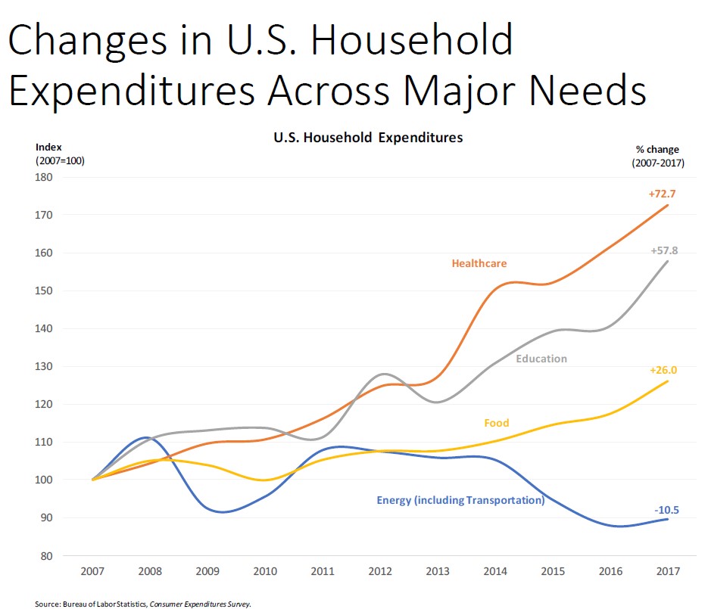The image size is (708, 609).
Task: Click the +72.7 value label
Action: pyautogui.click(x=662, y=194)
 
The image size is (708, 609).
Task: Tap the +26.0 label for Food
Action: pyautogui.click(x=663, y=371)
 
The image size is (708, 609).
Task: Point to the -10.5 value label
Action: pyautogui.click(x=666, y=511)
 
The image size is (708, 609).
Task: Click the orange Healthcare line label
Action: pyautogui.click(x=479, y=263)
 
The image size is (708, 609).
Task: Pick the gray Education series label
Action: pyautogui.click(x=541, y=359)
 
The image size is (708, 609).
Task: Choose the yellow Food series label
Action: pyautogui.click(x=497, y=423)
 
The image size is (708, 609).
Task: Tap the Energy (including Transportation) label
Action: pyautogui.click(x=460, y=500)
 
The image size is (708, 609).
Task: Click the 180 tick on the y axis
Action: pyautogui.click(x=43, y=178)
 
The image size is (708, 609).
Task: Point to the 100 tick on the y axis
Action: pyautogui.click(x=43, y=480)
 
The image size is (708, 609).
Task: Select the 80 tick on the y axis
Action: pyautogui.click(x=45, y=556)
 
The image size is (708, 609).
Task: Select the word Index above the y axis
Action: pyautogui.click(x=49, y=147)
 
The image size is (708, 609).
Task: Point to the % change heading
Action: pyautogui.click(x=658, y=149)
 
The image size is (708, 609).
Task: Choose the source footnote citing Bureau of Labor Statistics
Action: pyautogui.click(x=142, y=603)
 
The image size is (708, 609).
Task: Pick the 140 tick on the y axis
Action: pyautogui.click(x=43, y=329)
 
